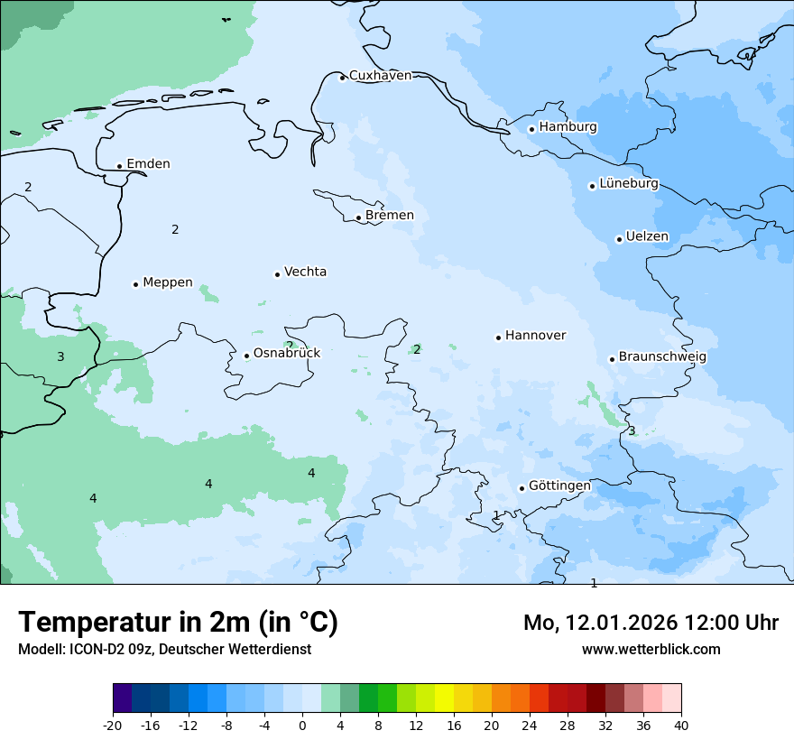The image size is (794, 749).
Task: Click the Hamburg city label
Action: (x=568, y=127)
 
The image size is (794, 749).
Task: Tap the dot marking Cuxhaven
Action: (x=342, y=78)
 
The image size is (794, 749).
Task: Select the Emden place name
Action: (x=148, y=164)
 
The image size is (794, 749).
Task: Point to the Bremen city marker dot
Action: (x=358, y=217)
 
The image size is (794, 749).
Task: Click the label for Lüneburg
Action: (x=628, y=184)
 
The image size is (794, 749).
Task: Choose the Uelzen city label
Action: (x=647, y=237)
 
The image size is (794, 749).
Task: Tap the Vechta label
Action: (x=305, y=273)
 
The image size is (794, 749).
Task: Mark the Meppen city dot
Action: (x=135, y=284)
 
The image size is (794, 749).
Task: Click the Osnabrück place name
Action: (x=286, y=354)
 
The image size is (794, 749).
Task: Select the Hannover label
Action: (x=535, y=336)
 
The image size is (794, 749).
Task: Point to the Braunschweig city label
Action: (x=661, y=357)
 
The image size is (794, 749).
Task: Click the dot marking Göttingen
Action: (x=522, y=488)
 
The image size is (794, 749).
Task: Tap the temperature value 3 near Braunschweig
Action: (x=632, y=431)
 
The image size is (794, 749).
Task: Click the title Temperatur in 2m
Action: (x=178, y=622)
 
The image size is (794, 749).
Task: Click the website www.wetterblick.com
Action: (x=651, y=650)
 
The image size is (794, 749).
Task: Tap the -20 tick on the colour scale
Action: (x=113, y=726)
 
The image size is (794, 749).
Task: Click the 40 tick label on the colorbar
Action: (x=680, y=726)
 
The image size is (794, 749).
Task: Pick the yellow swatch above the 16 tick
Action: (x=444, y=698)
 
